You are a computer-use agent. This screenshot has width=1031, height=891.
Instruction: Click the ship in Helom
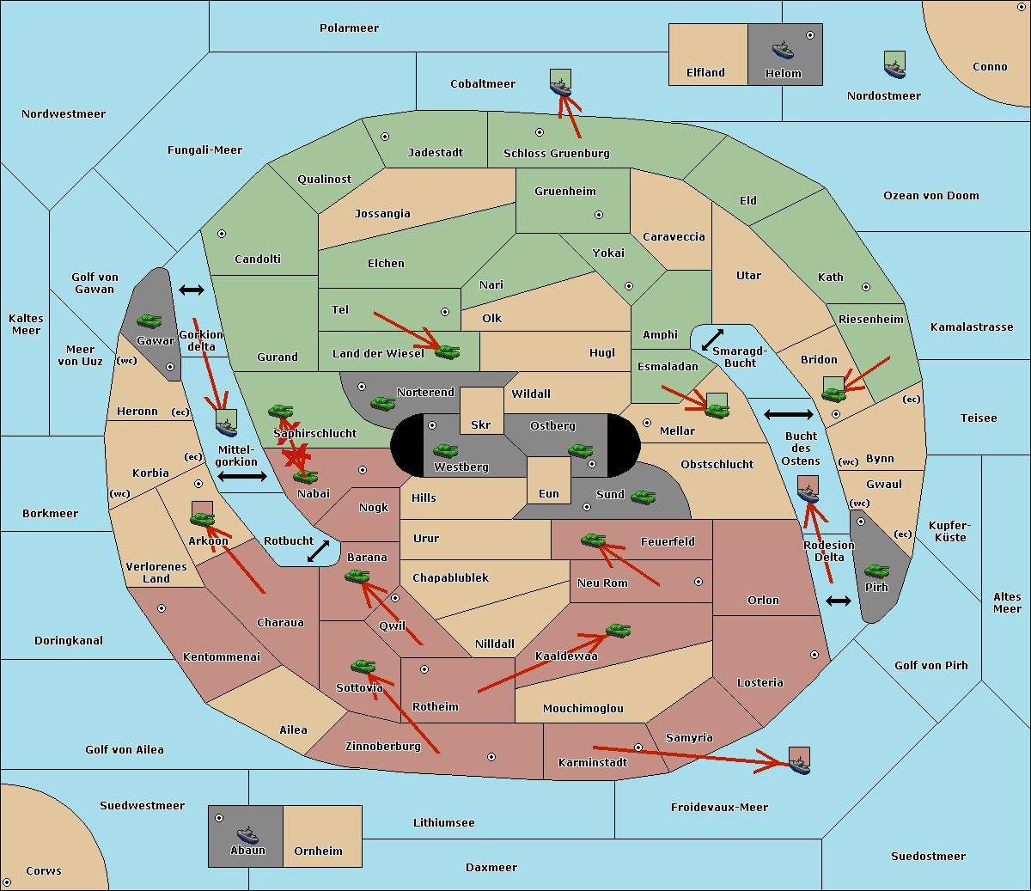click(x=783, y=50)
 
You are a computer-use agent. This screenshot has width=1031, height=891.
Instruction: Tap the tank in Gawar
click(x=149, y=320)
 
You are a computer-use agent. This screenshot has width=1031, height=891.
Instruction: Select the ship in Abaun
click(x=247, y=835)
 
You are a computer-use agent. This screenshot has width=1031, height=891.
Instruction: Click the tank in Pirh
click(x=876, y=571)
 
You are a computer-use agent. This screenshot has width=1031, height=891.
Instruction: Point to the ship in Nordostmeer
click(x=895, y=69)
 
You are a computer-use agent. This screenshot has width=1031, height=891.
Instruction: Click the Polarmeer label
click(x=349, y=28)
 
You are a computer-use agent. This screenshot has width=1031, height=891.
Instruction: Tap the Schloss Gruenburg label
click(x=556, y=153)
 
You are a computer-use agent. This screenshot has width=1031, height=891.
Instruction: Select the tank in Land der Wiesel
click(x=448, y=352)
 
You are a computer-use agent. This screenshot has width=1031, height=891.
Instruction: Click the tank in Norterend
click(x=382, y=403)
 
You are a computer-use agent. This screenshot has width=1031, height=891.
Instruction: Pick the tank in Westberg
click(x=445, y=450)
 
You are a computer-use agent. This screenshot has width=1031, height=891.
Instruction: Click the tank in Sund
click(x=643, y=497)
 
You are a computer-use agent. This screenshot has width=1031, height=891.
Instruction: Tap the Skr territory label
click(x=480, y=424)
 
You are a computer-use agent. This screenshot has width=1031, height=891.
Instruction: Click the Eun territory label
click(x=549, y=493)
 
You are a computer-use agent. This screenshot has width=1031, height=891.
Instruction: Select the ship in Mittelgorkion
click(x=226, y=427)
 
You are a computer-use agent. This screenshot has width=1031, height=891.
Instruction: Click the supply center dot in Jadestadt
click(x=385, y=137)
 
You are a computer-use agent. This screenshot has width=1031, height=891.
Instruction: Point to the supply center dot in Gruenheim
click(x=599, y=215)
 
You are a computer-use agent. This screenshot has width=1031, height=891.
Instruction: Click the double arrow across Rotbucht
click(x=318, y=551)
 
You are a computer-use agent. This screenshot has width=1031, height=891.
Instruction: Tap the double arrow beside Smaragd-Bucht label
click(x=712, y=339)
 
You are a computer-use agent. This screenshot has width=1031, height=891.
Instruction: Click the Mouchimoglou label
click(x=583, y=708)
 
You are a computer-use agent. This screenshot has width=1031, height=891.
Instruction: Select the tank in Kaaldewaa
click(x=618, y=630)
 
